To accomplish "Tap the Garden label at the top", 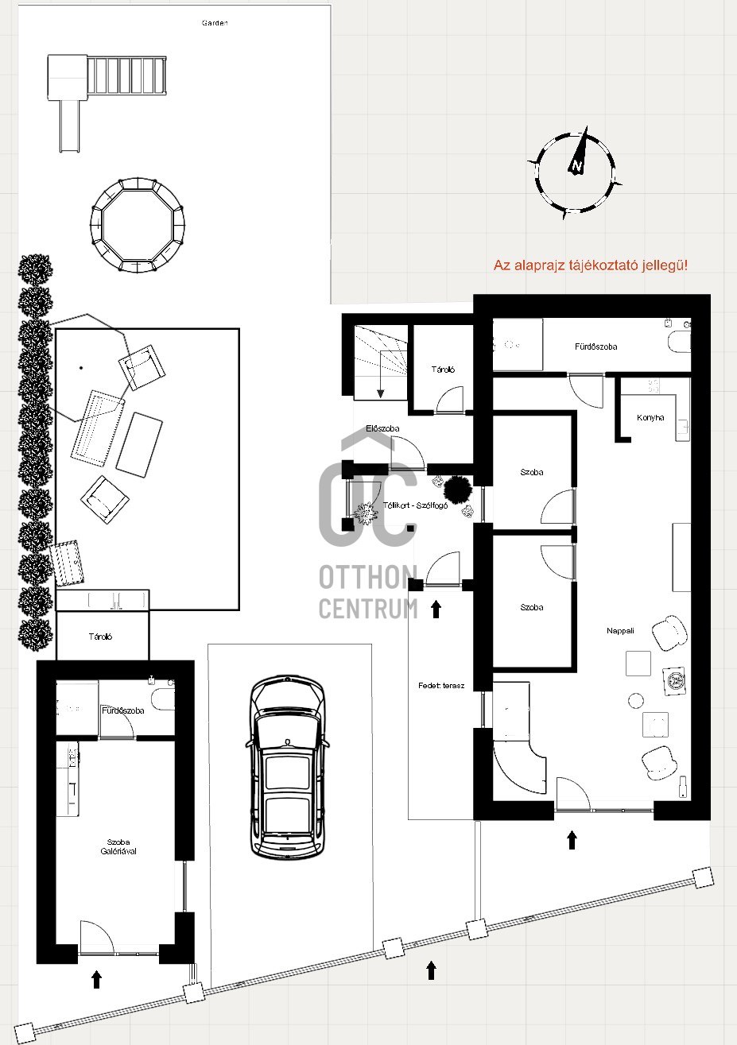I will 215,23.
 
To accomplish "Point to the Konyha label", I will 650,418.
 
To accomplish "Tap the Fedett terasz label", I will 441,685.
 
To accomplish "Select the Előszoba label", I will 382,429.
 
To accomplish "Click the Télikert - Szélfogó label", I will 416,505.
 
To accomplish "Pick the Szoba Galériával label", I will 118,847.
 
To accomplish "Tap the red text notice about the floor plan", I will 590,265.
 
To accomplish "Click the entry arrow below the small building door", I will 96,979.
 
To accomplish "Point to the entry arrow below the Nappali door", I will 572,840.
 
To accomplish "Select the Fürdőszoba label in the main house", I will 595,347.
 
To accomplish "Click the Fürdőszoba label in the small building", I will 123,710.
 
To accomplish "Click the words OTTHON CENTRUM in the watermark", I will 368,592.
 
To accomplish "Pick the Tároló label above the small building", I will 100,637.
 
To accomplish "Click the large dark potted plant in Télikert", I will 458,486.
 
